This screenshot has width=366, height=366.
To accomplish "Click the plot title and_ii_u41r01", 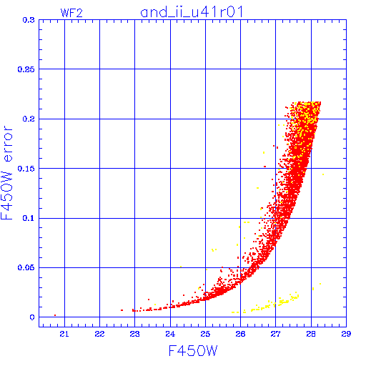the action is [x=192, y=12].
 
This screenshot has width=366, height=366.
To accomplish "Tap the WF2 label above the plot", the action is [x=71, y=13].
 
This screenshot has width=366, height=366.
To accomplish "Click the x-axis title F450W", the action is [x=193, y=351].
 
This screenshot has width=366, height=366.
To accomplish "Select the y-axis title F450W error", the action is [x=6, y=172].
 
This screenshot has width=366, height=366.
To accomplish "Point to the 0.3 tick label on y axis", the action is [x=29, y=20].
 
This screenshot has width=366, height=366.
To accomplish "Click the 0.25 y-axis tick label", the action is [x=26, y=69].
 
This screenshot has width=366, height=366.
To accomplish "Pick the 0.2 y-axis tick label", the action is [x=29, y=119].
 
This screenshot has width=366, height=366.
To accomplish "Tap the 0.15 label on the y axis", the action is [x=26, y=169].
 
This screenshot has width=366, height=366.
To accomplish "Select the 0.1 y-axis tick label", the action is [x=29, y=218].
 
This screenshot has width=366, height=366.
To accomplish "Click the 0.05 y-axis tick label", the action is [x=26, y=267].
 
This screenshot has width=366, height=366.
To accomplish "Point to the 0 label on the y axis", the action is [x=32, y=317].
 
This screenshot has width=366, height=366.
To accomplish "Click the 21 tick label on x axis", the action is [x=64, y=334].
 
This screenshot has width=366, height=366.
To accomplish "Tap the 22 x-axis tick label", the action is [x=99, y=334].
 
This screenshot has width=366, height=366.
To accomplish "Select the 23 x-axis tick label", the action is [x=135, y=334].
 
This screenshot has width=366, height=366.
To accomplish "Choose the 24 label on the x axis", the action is [x=170, y=334].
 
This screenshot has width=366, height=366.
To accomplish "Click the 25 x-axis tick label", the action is [x=205, y=334].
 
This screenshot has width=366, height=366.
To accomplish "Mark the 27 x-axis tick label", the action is [x=276, y=334].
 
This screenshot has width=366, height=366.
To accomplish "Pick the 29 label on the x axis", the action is [x=346, y=334].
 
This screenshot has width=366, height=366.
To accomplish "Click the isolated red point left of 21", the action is [x=55, y=315].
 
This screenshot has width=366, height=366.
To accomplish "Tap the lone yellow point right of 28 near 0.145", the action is [x=323, y=174].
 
